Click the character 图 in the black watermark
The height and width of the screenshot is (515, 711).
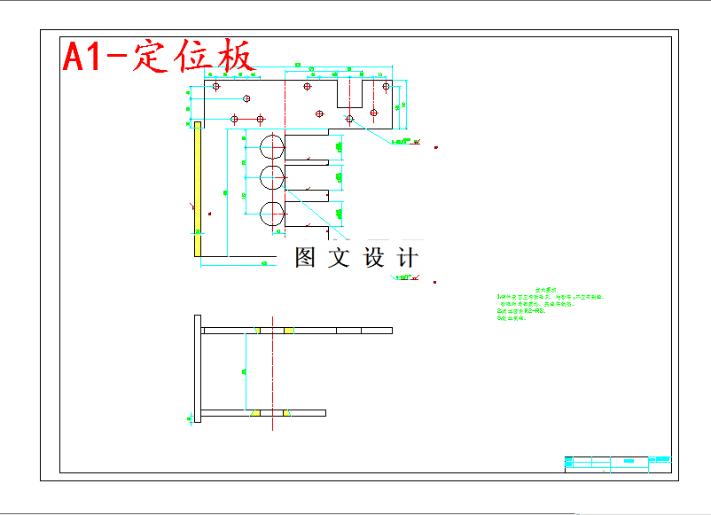pyautogui.click(x=305, y=258)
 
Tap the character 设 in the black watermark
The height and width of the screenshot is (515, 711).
pyautogui.click(x=373, y=258)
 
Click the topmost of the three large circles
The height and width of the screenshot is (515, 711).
pyautogui.click(x=272, y=144)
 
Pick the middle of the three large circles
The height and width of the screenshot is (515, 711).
pyautogui.click(x=272, y=177)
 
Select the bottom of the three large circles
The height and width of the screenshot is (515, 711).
pyautogui.click(x=272, y=214)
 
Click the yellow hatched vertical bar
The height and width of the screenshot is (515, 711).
pyautogui.click(x=197, y=191)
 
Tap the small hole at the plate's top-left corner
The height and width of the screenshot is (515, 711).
pyautogui.click(x=215, y=87)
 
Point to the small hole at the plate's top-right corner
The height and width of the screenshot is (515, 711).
pyautogui.click(x=386, y=87)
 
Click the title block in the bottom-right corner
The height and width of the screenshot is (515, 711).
pyautogui.click(x=618, y=463)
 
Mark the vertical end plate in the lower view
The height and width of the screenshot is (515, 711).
pyautogui.click(x=199, y=370)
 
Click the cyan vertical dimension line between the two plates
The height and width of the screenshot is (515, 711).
pyautogui.click(x=245, y=372)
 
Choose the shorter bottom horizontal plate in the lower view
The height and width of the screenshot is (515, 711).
pyautogui.click(x=263, y=413)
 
